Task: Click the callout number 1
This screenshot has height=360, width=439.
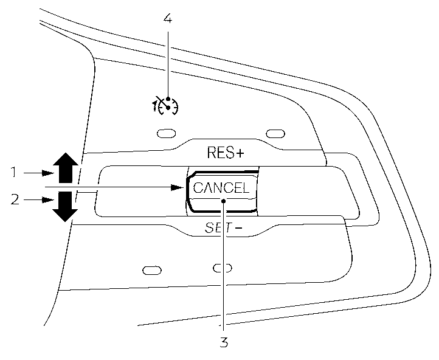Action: (13, 173)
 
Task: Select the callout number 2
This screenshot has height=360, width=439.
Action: (13, 199)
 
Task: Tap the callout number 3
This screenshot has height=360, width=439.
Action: (224, 342)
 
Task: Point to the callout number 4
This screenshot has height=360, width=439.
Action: (168, 18)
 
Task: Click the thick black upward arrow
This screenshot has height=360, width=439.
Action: (65, 168)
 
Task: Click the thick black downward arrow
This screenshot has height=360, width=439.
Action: (65, 206)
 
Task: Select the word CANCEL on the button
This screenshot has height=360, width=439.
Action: (221, 189)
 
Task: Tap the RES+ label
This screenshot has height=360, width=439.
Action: (225, 153)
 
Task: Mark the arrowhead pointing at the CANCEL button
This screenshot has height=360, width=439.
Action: (178, 187)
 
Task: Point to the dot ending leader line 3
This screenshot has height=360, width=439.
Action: (224, 201)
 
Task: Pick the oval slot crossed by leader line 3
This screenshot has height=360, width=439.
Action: (223, 268)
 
